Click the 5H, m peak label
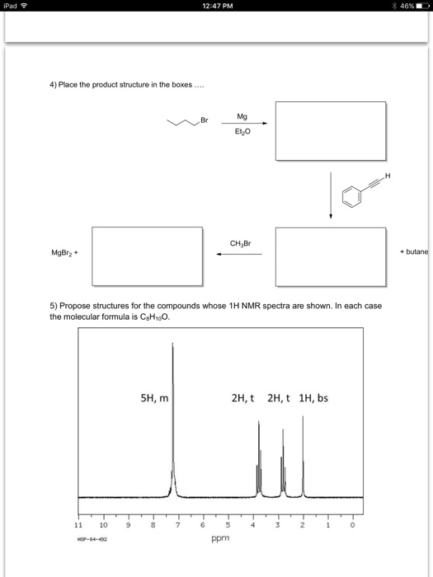point(154,399)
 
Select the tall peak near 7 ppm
point(172,412)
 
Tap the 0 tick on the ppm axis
point(352,523)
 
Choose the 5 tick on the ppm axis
point(228,523)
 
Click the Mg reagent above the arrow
point(241,118)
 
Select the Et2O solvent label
point(241,132)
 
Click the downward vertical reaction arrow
point(331,195)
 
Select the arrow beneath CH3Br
point(239,255)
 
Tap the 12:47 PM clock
point(217,7)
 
